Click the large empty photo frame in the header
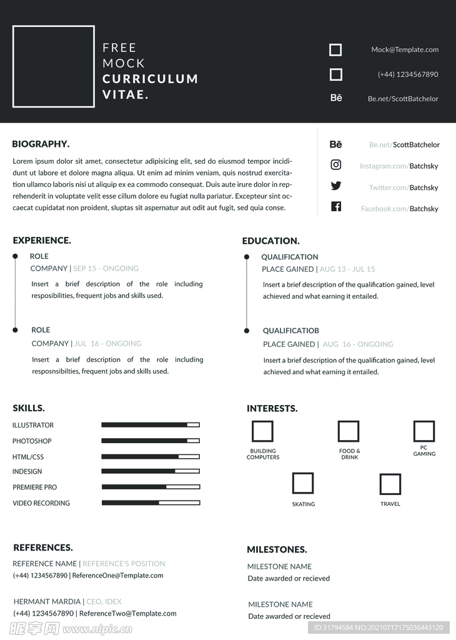(x=54, y=66)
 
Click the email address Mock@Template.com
(x=405, y=50)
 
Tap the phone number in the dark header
(x=408, y=74)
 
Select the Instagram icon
(x=336, y=165)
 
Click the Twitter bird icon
(x=336, y=186)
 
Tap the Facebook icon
(x=336, y=207)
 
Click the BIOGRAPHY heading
(x=41, y=144)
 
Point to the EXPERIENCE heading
(x=42, y=240)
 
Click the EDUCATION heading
(x=270, y=241)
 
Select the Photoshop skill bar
(x=151, y=441)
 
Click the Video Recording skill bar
(x=151, y=502)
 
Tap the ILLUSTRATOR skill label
(x=33, y=425)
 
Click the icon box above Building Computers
(x=262, y=431)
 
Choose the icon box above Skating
(x=303, y=483)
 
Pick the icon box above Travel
(x=390, y=484)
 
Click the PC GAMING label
(x=424, y=451)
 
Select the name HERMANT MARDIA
(x=47, y=601)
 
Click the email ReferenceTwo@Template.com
(x=127, y=614)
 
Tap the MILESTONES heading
(x=277, y=550)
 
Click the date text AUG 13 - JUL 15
(x=347, y=269)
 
